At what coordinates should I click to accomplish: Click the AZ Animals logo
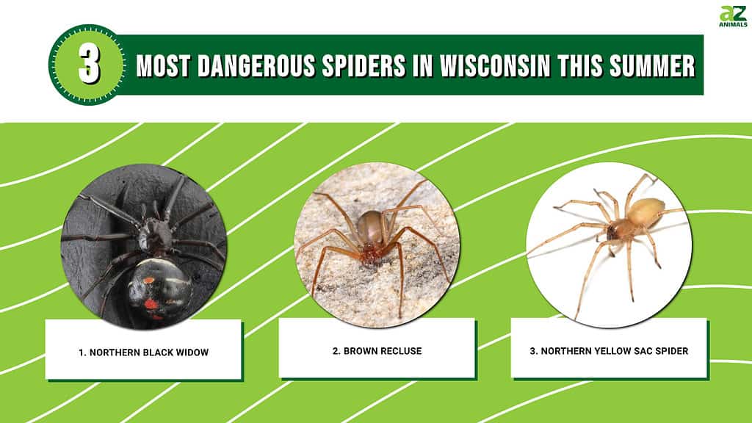(732, 16)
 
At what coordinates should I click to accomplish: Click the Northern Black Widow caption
(143, 352)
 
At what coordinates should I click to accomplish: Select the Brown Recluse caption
(376, 351)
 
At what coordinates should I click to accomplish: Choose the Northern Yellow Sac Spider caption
(609, 351)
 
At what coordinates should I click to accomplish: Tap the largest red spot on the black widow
(151, 303)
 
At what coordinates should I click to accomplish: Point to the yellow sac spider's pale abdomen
(646, 211)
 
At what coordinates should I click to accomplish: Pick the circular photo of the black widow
(143, 246)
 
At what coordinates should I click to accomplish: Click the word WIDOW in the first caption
(192, 352)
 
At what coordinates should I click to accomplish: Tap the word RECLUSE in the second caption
(400, 351)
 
